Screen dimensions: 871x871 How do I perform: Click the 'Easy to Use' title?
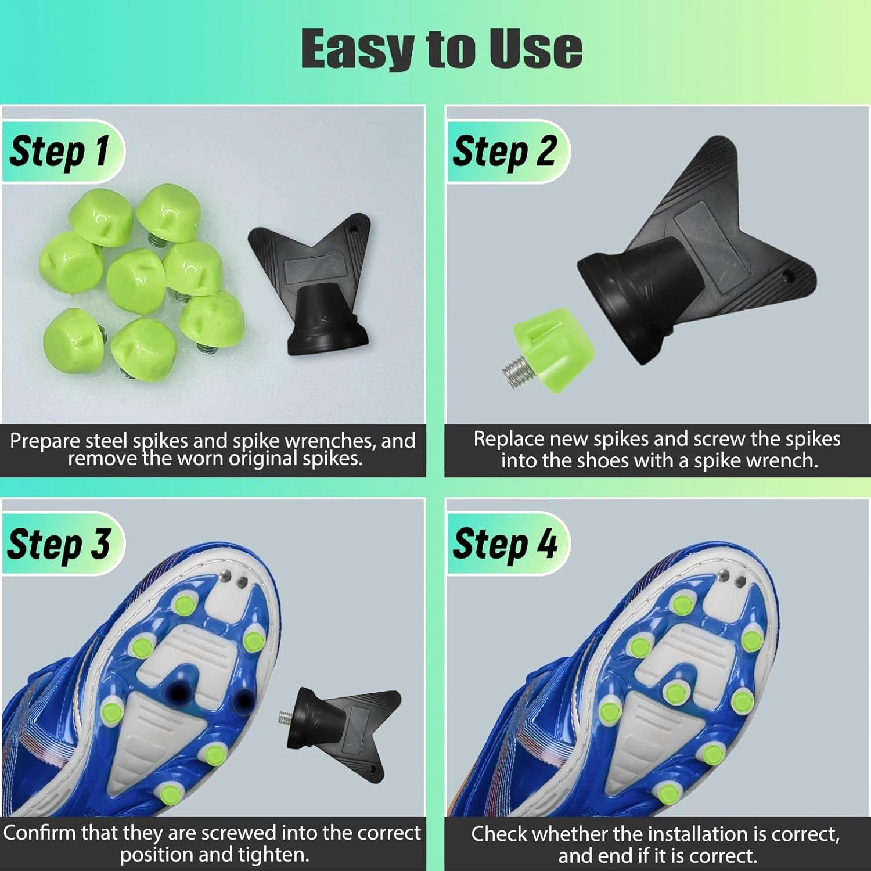pos(441,49)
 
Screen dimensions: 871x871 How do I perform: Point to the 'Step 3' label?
pos(59,544)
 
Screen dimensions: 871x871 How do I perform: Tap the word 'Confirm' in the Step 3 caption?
pos(39,833)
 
